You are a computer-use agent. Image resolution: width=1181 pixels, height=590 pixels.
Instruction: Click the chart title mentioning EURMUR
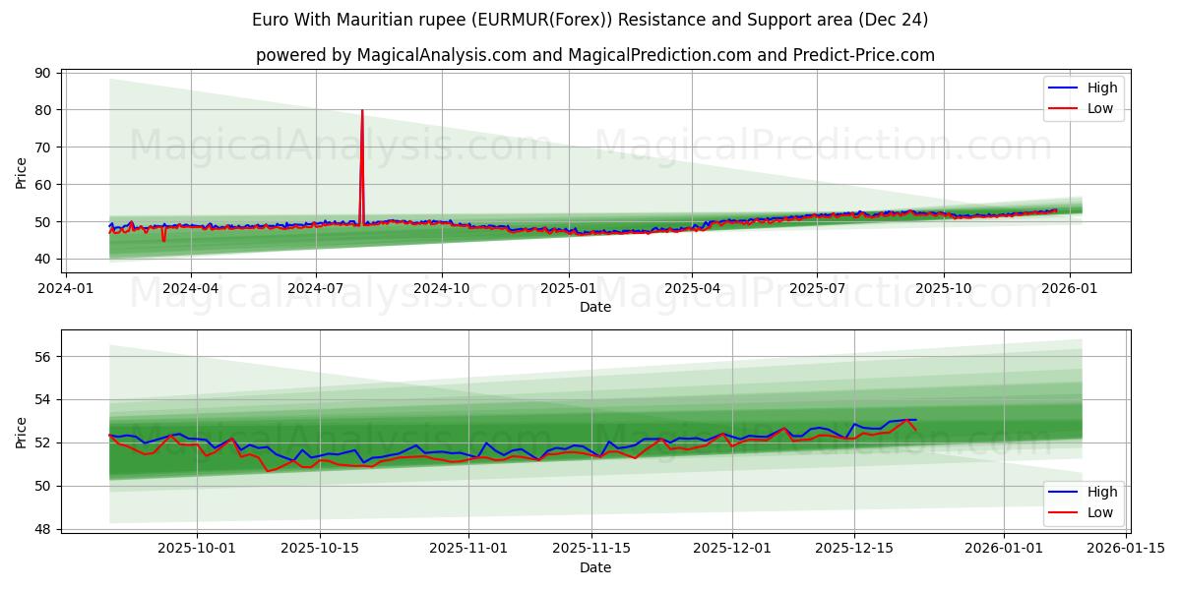coord(590,20)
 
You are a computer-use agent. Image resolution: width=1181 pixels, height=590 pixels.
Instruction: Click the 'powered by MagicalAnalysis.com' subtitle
coord(594,55)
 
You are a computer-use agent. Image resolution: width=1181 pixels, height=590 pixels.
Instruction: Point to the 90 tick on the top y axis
coord(42,73)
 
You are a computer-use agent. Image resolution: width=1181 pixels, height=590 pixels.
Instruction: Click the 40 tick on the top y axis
coord(42,259)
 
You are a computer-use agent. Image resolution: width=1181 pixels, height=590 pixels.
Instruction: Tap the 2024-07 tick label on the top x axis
coord(315,288)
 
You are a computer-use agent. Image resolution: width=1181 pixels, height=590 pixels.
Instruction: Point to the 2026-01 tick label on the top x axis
coord(1069,288)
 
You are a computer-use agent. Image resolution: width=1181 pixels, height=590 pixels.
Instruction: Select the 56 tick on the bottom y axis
coord(42,356)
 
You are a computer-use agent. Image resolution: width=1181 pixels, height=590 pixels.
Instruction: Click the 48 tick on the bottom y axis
coord(42,529)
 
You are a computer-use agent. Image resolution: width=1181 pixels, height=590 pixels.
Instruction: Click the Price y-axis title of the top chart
coord(22,171)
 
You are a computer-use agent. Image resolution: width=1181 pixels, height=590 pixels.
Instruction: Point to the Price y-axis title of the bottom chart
coord(22,432)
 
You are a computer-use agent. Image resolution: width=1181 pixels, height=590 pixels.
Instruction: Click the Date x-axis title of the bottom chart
coord(594,567)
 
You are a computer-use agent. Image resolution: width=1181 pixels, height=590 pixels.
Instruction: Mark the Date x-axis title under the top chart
coord(594,307)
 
